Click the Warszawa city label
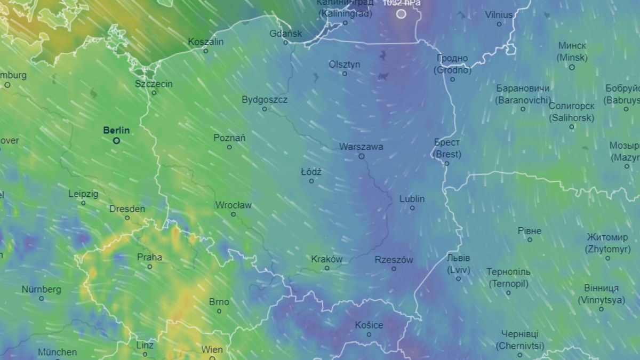pos(361,147)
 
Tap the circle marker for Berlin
pos(116,141)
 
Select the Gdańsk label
pos(286,34)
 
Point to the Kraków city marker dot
pos(327,268)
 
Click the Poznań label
pos(229,138)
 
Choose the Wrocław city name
pos(233,205)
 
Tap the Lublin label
pos(412,199)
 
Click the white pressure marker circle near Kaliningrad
pos(401,14)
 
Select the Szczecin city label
pos(154,84)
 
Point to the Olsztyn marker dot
pos(345,74)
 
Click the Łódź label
pos(311,172)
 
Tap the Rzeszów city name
pos(394,260)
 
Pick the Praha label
pos(149,257)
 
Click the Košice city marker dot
pos(369,334)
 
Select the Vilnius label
pos(499,15)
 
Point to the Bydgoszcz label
pos(265,100)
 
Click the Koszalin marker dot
pos(206,51)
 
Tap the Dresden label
pos(127,209)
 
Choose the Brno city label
pos(219,302)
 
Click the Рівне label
pos(529,231)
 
